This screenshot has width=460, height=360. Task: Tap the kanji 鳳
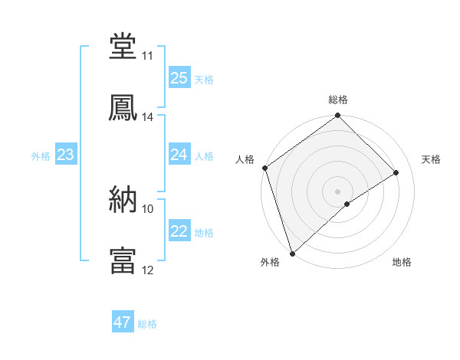pyautogui.click(x=123, y=107)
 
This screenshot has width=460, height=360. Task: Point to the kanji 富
pyautogui.click(x=123, y=260)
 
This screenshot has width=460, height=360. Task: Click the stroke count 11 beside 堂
pyautogui.click(x=148, y=56)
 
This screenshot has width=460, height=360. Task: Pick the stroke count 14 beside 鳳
pyautogui.click(x=148, y=117)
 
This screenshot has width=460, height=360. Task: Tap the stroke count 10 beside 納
pyautogui.click(x=148, y=208)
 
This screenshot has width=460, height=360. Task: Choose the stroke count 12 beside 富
pyautogui.click(x=148, y=270)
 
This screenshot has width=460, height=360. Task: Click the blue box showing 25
pyautogui.click(x=179, y=78)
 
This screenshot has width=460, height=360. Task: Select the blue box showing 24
pyautogui.click(x=179, y=155)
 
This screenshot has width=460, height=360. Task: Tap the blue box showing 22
pyautogui.click(x=179, y=232)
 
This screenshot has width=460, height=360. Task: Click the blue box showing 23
pyautogui.click(x=65, y=155)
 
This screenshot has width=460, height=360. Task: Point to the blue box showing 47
pyautogui.click(x=123, y=323)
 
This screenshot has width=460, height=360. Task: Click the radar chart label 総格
pyautogui.click(x=338, y=100)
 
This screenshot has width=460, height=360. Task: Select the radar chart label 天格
pyautogui.click(x=432, y=159)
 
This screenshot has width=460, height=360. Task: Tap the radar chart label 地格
pyautogui.click(x=402, y=263)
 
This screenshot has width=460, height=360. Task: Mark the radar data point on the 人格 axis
pyautogui.click(x=264, y=168)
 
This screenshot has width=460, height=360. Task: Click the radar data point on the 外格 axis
pyautogui.click(x=291, y=253)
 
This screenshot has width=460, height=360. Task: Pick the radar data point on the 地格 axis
pyautogui.click(x=347, y=204)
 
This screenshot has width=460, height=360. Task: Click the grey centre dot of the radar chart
pyautogui.click(x=337, y=191)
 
